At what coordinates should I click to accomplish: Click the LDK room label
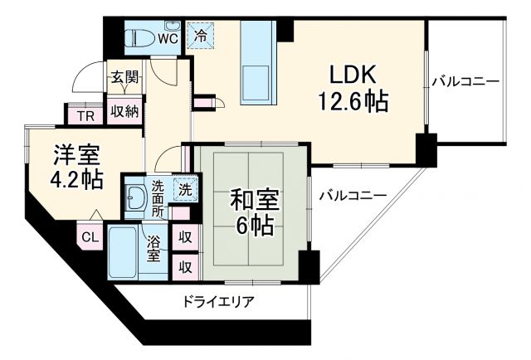pos(352,75)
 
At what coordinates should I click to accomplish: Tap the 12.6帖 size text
pos(352,103)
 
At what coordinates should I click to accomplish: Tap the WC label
pos(169,38)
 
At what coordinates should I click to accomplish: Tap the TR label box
pos(84,116)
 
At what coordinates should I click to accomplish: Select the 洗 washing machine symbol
pos(186,189)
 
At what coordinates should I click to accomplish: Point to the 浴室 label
pos(154,249)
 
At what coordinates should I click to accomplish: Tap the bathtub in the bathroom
pos(127,252)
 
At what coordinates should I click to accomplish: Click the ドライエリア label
pos(219,302)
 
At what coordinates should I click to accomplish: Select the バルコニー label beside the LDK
pos(465,82)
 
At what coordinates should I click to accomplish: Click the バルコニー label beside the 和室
pos(352,196)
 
